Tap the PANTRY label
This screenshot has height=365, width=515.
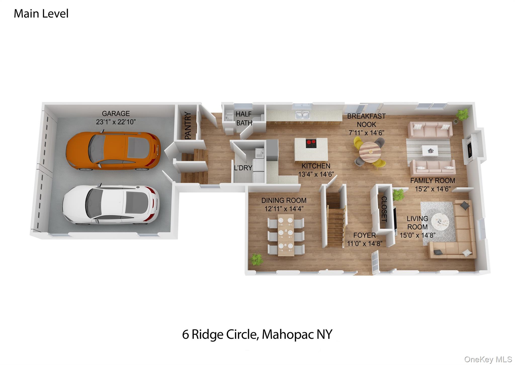188,126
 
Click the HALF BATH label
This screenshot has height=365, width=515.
244,118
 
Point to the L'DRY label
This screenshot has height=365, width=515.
243,168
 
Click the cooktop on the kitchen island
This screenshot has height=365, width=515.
311,143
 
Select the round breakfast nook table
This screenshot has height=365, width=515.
370,152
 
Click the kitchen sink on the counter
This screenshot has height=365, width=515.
302,116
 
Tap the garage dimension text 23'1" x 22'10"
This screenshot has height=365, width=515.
116,122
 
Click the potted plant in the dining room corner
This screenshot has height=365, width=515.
256,259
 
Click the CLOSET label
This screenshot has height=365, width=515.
384,209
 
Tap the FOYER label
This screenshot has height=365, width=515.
364,235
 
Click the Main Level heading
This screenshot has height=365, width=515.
41,14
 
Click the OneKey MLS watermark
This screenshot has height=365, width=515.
488,359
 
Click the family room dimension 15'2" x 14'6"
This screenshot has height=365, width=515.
433,189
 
